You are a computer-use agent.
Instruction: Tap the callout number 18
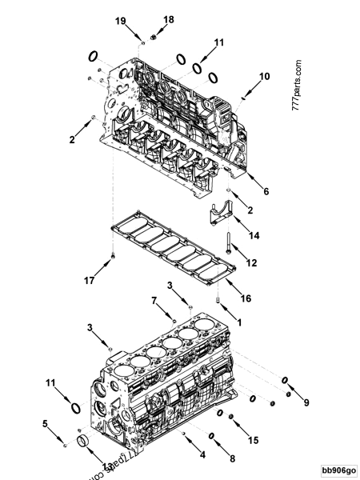click(169, 18)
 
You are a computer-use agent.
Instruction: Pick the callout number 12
click(250, 262)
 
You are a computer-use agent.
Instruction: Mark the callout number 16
click(246, 298)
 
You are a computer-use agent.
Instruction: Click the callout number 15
click(254, 439)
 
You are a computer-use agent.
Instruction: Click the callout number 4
click(201, 454)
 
